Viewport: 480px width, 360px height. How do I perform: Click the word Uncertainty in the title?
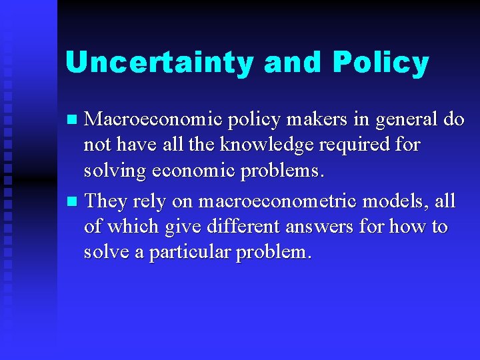pos(160,63)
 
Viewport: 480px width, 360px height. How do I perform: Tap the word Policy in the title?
pos(380,63)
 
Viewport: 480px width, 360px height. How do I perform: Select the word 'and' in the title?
pos(293,63)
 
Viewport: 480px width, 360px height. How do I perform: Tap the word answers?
pos(321,227)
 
